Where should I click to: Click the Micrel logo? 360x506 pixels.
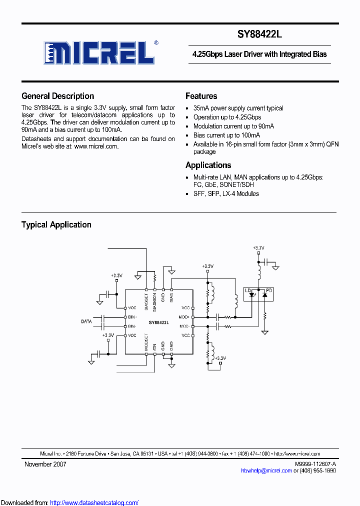(100, 52)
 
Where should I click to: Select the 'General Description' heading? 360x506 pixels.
(57, 96)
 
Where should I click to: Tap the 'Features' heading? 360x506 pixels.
(201, 96)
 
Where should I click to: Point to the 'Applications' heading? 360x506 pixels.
(208, 165)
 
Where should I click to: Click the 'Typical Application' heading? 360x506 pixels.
(56, 224)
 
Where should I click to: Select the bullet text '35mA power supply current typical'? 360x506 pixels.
(238, 108)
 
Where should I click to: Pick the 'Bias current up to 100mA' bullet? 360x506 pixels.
(226, 135)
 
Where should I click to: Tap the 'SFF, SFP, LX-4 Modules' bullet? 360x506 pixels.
(226, 193)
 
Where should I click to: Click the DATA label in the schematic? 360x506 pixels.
(86, 321)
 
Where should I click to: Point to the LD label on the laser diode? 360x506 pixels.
(247, 290)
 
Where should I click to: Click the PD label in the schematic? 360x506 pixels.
(269, 290)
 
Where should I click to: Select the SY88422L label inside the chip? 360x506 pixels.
(158, 322)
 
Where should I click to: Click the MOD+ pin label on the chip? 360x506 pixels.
(184, 317)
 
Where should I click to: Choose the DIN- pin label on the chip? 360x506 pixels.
(132, 326)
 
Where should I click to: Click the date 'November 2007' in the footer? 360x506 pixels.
(45, 464)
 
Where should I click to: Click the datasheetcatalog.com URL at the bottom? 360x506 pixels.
(94, 502)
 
